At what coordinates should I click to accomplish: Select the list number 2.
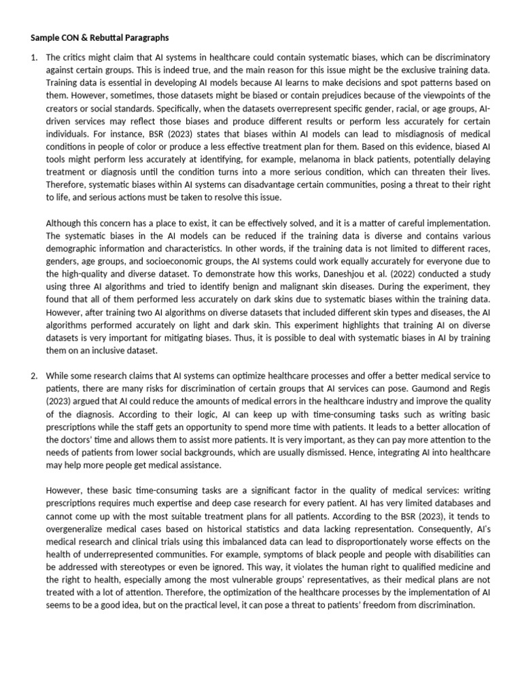34,376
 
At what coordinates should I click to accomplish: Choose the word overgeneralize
78,529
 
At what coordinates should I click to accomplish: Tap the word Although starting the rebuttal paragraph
65,222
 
